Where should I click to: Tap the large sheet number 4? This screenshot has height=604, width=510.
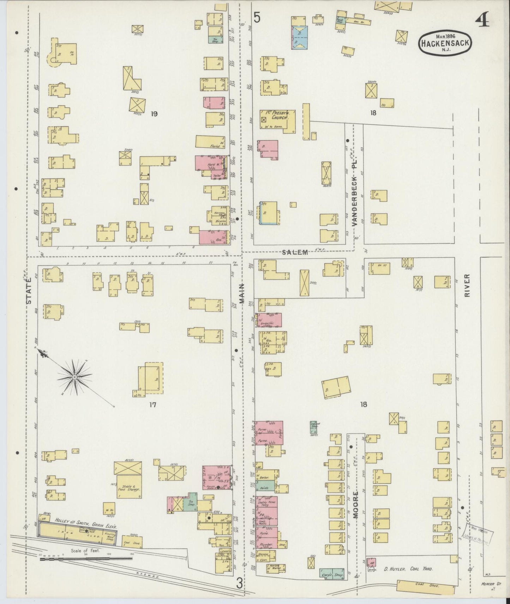(482, 21)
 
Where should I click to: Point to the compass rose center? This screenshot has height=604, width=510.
(74, 377)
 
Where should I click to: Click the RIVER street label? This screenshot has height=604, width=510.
(468, 285)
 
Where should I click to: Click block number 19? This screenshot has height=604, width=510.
(154, 113)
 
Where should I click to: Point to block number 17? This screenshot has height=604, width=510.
(152, 405)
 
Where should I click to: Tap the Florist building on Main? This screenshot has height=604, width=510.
(210, 142)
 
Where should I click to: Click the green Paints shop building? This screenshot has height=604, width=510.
(265, 488)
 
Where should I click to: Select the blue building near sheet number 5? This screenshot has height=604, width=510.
(299, 37)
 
